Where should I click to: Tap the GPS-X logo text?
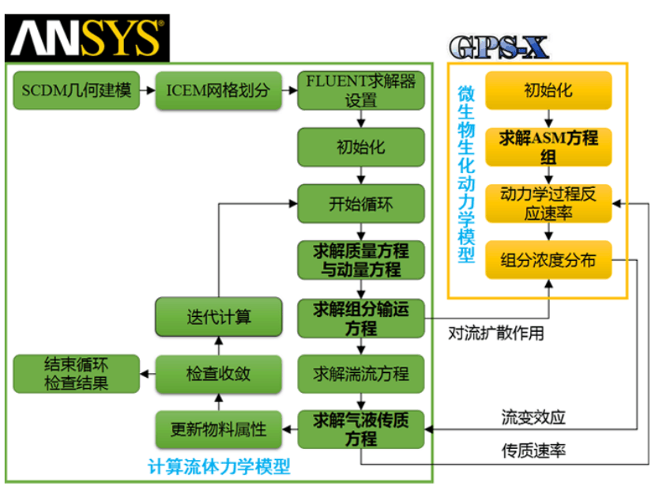coord(499,47)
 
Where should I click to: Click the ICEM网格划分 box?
coord(217,90)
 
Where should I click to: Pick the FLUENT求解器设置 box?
coord(360,90)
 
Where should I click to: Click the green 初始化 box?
coord(360,148)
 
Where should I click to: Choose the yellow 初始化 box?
coord(548,90)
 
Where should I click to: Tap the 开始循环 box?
coord(360,204)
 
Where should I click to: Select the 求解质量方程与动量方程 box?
coord(360,260)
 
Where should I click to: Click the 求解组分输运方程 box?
coord(360,317)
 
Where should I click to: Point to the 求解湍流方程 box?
coord(360,373)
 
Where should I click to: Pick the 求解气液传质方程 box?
coord(360,429)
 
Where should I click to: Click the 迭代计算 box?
coord(219,317)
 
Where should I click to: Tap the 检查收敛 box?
coord(219,373)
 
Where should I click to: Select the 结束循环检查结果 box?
coord(76,373)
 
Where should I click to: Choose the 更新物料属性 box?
coord(219,430)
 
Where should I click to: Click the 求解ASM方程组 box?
coord(548,147)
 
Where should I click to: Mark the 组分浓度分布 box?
coord(548,259)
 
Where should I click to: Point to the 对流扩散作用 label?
coord(495,333)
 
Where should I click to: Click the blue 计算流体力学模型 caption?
coord(219,466)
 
